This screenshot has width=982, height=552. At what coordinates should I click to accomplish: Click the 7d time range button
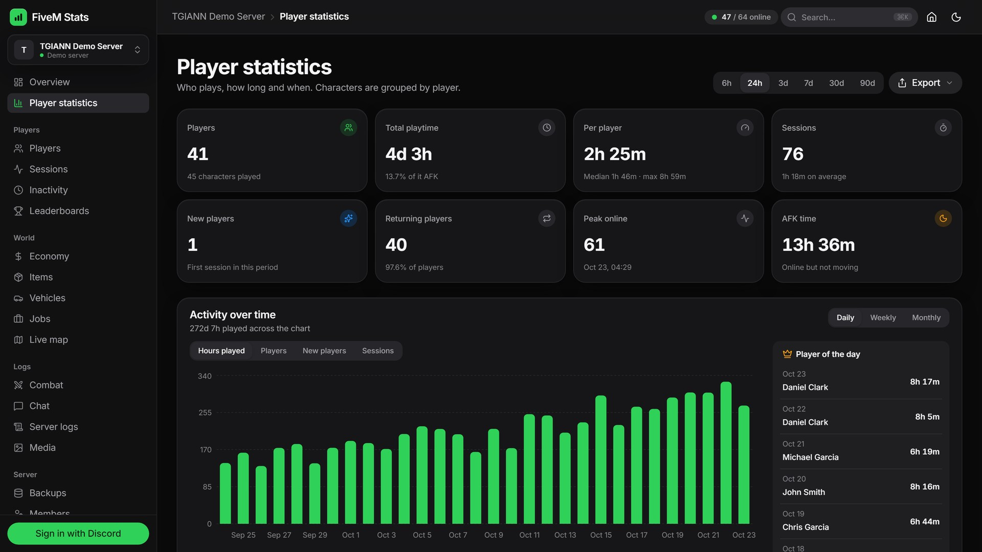click(808, 83)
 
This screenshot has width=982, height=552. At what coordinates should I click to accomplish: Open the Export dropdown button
click(925, 83)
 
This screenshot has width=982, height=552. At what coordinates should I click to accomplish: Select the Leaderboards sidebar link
click(59, 211)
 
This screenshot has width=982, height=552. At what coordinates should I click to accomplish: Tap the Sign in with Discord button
click(78, 533)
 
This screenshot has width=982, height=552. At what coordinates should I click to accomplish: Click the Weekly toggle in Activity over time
click(883, 317)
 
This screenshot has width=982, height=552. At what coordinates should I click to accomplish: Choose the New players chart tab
click(324, 351)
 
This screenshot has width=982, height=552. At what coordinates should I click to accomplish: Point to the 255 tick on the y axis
click(205, 412)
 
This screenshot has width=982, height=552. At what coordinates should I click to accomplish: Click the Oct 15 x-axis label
click(601, 535)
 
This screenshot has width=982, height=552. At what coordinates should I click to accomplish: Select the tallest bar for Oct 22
click(726, 453)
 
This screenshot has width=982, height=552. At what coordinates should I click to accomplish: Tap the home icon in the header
click(931, 17)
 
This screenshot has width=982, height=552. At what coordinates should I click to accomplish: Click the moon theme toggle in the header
click(956, 17)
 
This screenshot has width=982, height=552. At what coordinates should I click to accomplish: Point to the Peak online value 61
click(594, 245)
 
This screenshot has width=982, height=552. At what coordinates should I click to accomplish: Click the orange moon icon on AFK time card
click(943, 218)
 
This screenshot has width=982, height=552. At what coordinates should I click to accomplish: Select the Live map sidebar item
click(49, 339)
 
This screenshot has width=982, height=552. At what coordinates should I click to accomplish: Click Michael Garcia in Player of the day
click(810, 457)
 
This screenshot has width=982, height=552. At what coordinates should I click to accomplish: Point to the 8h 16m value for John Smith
click(924, 487)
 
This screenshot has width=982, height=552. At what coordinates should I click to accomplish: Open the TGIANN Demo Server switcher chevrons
click(137, 50)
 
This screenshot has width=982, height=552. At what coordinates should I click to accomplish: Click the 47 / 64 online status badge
click(741, 17)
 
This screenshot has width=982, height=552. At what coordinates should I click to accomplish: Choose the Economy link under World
click(49, 256)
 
